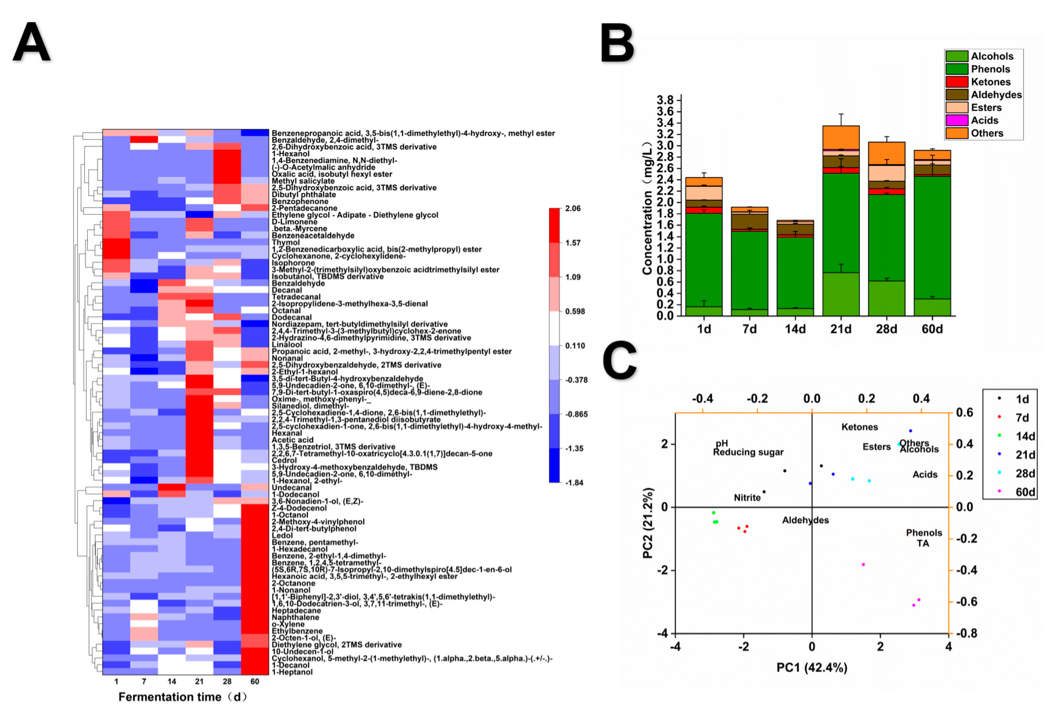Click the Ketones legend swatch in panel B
(957, 82)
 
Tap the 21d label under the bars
(841, 329)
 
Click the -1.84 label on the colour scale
(574, 483)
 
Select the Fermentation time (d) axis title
(182, 697)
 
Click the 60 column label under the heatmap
(255, 682)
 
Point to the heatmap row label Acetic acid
(292, 440)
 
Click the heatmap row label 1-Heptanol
(292, 672)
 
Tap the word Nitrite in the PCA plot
(747, 498)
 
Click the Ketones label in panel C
(859, 427)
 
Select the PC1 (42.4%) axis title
(811, 667)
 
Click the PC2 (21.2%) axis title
(648, 523)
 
